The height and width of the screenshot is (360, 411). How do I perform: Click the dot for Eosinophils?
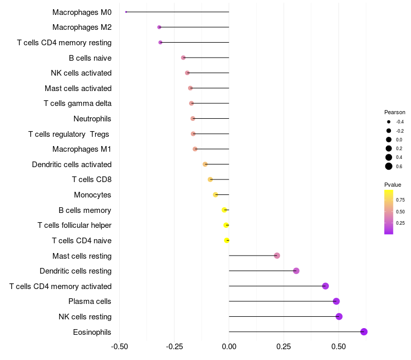[x=364, y=332]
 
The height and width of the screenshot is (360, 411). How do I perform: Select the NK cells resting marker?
[x=339, y=316]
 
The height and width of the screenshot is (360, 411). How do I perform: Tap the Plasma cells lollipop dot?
[x=336, y=301]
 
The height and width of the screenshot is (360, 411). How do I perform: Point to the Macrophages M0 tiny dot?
[x=126, y=12]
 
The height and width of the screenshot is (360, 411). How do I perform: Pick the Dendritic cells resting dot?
[x=296, y=271]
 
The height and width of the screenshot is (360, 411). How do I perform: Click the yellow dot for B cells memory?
[x=224, y=210]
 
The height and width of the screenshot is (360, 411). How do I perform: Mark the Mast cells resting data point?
[x=277, y=256]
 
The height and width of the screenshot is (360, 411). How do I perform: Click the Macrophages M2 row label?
[x=82, y=27]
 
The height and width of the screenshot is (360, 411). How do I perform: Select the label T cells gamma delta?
[x=78, y=103]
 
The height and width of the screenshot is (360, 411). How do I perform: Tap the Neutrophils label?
[x=92, y=119]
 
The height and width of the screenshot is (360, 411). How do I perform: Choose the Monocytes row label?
[x=92, y=195]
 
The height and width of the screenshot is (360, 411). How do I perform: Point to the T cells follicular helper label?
[x=74, y=225]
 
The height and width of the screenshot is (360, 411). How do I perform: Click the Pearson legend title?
[x=395, y=112]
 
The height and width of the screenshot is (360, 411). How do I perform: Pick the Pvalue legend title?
[x=393, y=185]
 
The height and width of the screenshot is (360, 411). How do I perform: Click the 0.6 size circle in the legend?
[x=389, y=166]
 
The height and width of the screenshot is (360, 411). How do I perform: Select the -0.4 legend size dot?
[x=389, y=122]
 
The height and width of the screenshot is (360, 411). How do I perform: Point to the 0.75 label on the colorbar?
[x=400, y=200]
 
